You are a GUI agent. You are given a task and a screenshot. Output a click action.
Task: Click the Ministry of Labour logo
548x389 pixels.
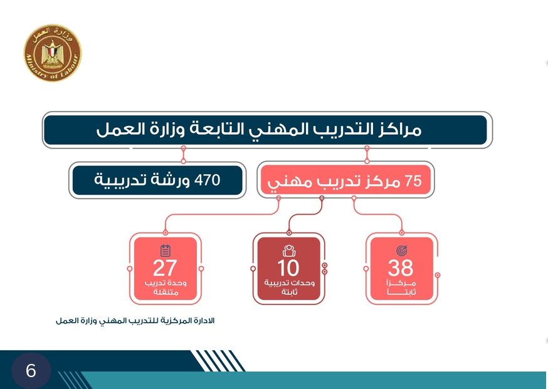[x=53, y=53]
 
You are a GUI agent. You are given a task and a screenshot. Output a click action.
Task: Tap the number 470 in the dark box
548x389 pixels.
[x=208, y=180]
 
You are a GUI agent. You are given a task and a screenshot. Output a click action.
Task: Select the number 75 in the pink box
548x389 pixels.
[x=413, y=181]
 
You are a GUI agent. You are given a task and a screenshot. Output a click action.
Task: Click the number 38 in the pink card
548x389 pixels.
[x=401, y=268]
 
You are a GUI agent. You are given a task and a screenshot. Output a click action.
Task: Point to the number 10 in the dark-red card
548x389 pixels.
[x=288, y=268]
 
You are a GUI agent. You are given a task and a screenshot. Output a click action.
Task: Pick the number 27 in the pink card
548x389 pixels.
[x=165, y=268]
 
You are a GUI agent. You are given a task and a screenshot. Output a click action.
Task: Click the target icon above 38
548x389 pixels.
[x=401, y=251]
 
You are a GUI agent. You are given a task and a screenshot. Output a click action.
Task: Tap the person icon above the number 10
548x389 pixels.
[x=289, y=251]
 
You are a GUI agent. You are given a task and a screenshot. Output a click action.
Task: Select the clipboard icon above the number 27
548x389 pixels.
[x=166, y=251]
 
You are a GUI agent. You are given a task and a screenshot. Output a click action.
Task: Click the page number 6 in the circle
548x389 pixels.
[x=31, y=370]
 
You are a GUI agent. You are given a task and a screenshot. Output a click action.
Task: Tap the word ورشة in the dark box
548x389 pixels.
[x=171, y=180]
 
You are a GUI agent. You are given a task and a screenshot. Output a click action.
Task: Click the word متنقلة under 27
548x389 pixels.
[x=166, y=292]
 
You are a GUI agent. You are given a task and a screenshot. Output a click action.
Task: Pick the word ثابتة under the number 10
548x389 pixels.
[x=290, y=291]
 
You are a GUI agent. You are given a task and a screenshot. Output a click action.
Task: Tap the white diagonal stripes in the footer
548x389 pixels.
[x=218, y=361]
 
